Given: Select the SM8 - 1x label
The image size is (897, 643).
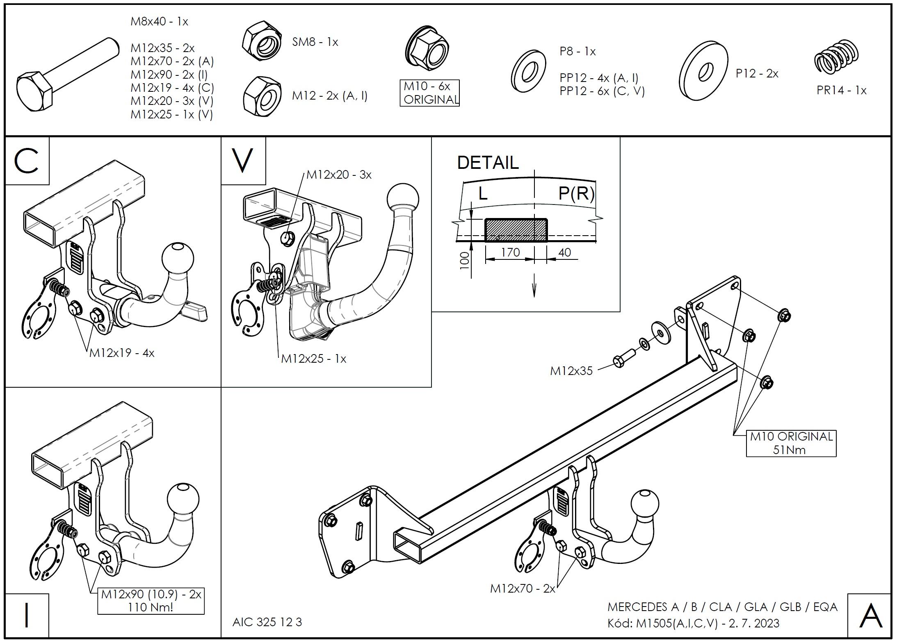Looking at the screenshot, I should coord(315,42).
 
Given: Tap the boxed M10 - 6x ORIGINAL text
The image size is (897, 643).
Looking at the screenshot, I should coord(429,93).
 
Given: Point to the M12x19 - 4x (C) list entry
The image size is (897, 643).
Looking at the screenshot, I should coord(172,88).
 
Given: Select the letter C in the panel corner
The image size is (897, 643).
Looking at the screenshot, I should coord(27,161).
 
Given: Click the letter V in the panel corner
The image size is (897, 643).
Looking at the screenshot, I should coord(243,161).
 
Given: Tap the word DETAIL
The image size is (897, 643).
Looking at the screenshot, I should coord(488,163).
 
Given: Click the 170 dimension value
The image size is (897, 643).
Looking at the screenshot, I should coord(510,252).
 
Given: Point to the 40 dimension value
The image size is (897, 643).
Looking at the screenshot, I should coord(565,252).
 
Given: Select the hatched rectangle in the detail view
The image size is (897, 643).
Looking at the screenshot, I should coord(516,230).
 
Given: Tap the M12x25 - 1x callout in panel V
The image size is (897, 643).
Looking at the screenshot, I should coord(314,359).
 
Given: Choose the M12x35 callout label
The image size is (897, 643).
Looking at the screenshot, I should coord(571,371).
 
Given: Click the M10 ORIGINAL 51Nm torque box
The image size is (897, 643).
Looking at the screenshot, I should coord(790,443).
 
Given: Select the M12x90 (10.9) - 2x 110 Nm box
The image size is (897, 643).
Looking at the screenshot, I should coord(151,600).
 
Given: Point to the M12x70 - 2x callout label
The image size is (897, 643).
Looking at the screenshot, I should coord(522,588).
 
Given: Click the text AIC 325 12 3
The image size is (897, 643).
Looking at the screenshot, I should coord(267,622).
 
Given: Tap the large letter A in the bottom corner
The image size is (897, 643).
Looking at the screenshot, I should coord(870,616).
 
